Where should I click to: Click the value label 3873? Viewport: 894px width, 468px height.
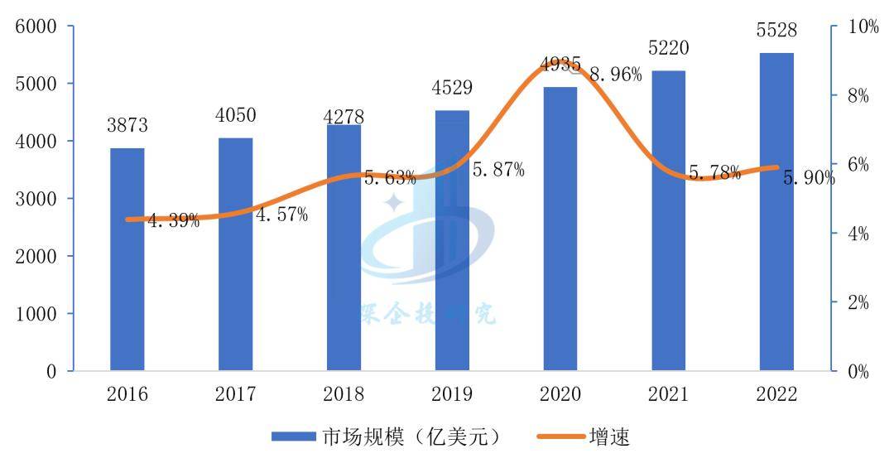click(x=127, y=126)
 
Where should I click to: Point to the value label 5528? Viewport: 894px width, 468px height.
click(x=776, y=31)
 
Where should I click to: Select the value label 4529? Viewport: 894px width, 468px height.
click(x=452, y=89)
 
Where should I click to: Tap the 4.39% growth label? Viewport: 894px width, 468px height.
click(x=174, y=220)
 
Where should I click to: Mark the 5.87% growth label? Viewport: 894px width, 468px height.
click(x=498, y=170)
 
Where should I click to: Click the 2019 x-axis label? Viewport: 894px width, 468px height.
click(x=452, y=393)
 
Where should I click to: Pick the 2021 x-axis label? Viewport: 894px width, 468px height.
click(x=668, y=393)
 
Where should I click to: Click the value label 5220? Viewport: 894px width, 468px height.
click(x=668, y=49)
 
